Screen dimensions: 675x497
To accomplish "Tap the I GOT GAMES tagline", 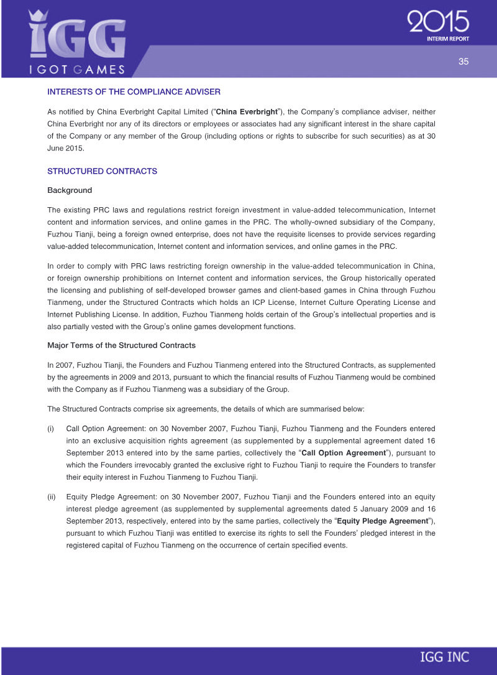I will tap(77, 69).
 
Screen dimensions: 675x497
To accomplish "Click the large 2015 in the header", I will tap(439, 24).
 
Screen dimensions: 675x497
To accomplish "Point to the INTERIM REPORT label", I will tap(448, 39).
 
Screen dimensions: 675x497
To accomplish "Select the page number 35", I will tap(463, 61).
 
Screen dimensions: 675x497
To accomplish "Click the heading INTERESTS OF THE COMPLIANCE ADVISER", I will tap(134, 92).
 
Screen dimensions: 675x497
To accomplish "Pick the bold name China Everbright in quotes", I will tap(245, 112).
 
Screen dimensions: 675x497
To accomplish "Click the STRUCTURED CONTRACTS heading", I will tap(103, 171).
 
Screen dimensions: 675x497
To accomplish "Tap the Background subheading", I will tap(70, 190).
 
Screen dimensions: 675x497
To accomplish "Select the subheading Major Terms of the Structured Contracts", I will tap(121, 345).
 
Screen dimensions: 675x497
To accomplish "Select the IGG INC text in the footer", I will tap(444, 656).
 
